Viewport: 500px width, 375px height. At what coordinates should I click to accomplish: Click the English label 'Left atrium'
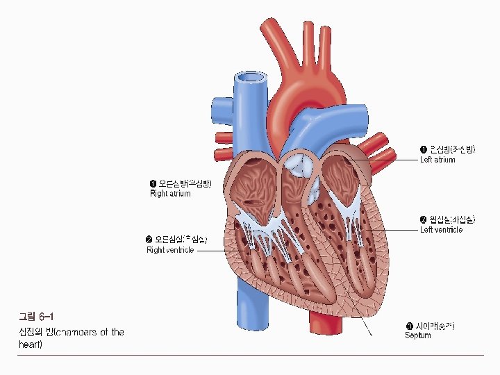(x=437, y=160)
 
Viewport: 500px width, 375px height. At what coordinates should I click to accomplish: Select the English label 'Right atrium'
(x=170, y=194)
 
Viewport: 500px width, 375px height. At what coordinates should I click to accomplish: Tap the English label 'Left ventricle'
(x=441, y=230)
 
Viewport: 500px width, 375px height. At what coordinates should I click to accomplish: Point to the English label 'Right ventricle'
(x=170, y=250)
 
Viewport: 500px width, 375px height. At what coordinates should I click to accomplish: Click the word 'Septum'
(x=418, y=335)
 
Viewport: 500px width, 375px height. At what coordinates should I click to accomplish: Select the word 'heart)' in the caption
(x=31, y=344)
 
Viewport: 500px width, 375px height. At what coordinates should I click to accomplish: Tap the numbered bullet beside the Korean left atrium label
(x=424, y=149)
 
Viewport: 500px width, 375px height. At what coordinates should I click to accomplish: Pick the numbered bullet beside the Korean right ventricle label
(x=149, y=240)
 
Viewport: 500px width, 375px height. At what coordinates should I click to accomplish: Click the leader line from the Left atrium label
(x=389, y=160)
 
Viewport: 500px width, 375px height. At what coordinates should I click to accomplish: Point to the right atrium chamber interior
(x=253, y=184)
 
